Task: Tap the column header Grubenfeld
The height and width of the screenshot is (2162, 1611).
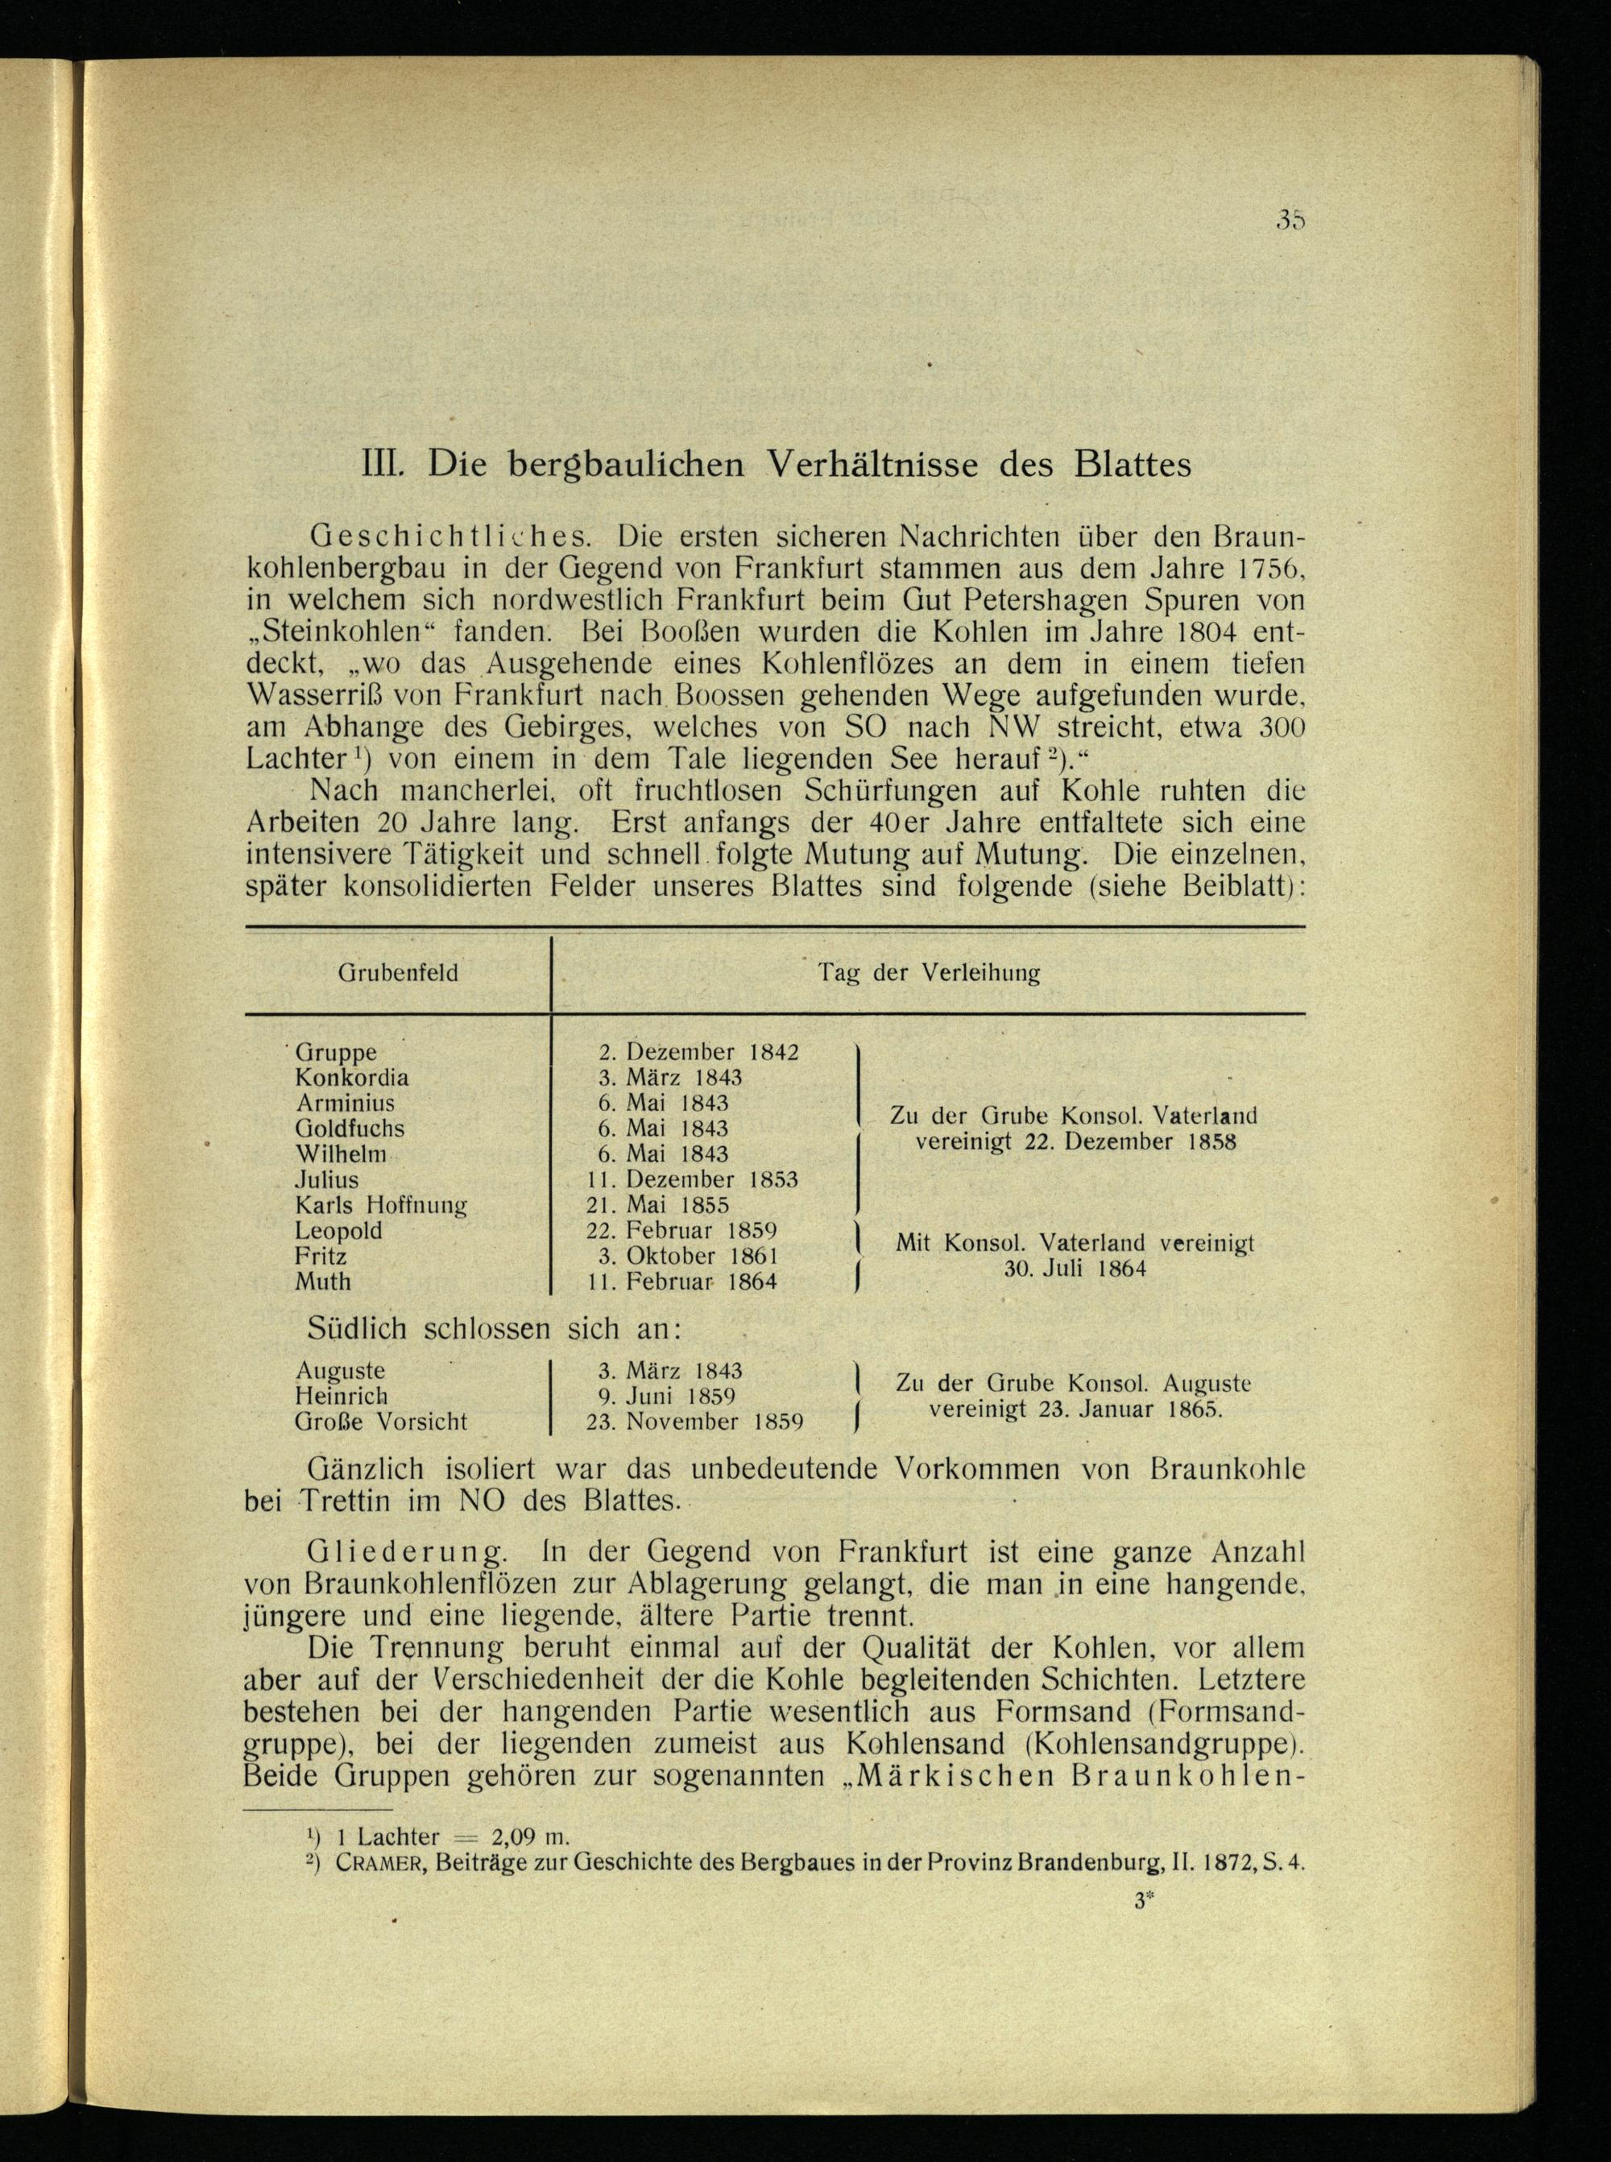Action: click(398, 972)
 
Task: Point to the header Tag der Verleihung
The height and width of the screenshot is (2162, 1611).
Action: click(929, 972)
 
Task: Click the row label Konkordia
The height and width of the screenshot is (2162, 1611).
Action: click(352, 1078)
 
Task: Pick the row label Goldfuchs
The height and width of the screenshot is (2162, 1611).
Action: click(349, 1129)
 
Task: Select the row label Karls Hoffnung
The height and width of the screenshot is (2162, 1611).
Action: click(381, 1204)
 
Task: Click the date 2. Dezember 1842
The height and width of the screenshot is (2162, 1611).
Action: click(698, 1052)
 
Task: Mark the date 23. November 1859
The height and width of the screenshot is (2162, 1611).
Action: click(694, 1422)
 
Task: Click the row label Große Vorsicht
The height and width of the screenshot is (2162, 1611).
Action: click(381, 1422)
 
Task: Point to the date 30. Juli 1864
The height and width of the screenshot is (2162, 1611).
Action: click(1075, 1269)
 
